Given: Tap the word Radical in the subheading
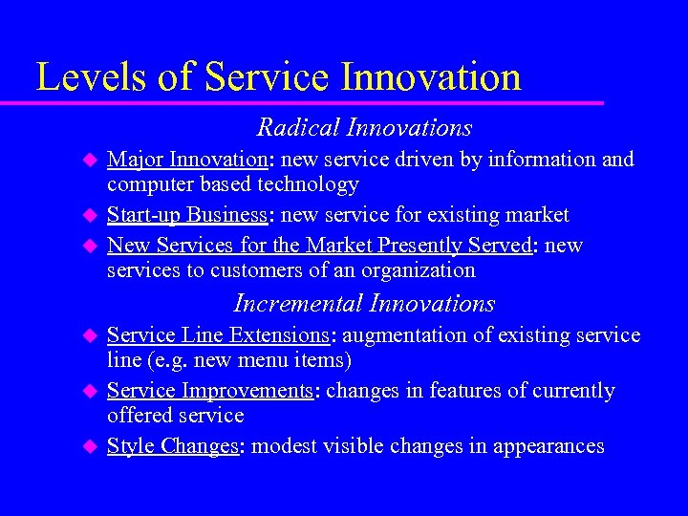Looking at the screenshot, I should click(298, 127).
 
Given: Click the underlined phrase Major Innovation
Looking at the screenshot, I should click(185, 160).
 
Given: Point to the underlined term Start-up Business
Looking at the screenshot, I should click(186, 215).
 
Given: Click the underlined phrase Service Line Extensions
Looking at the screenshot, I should click(218, 335).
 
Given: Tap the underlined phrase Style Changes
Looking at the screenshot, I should click(172, 446).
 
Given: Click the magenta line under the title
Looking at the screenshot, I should click(315, 102).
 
